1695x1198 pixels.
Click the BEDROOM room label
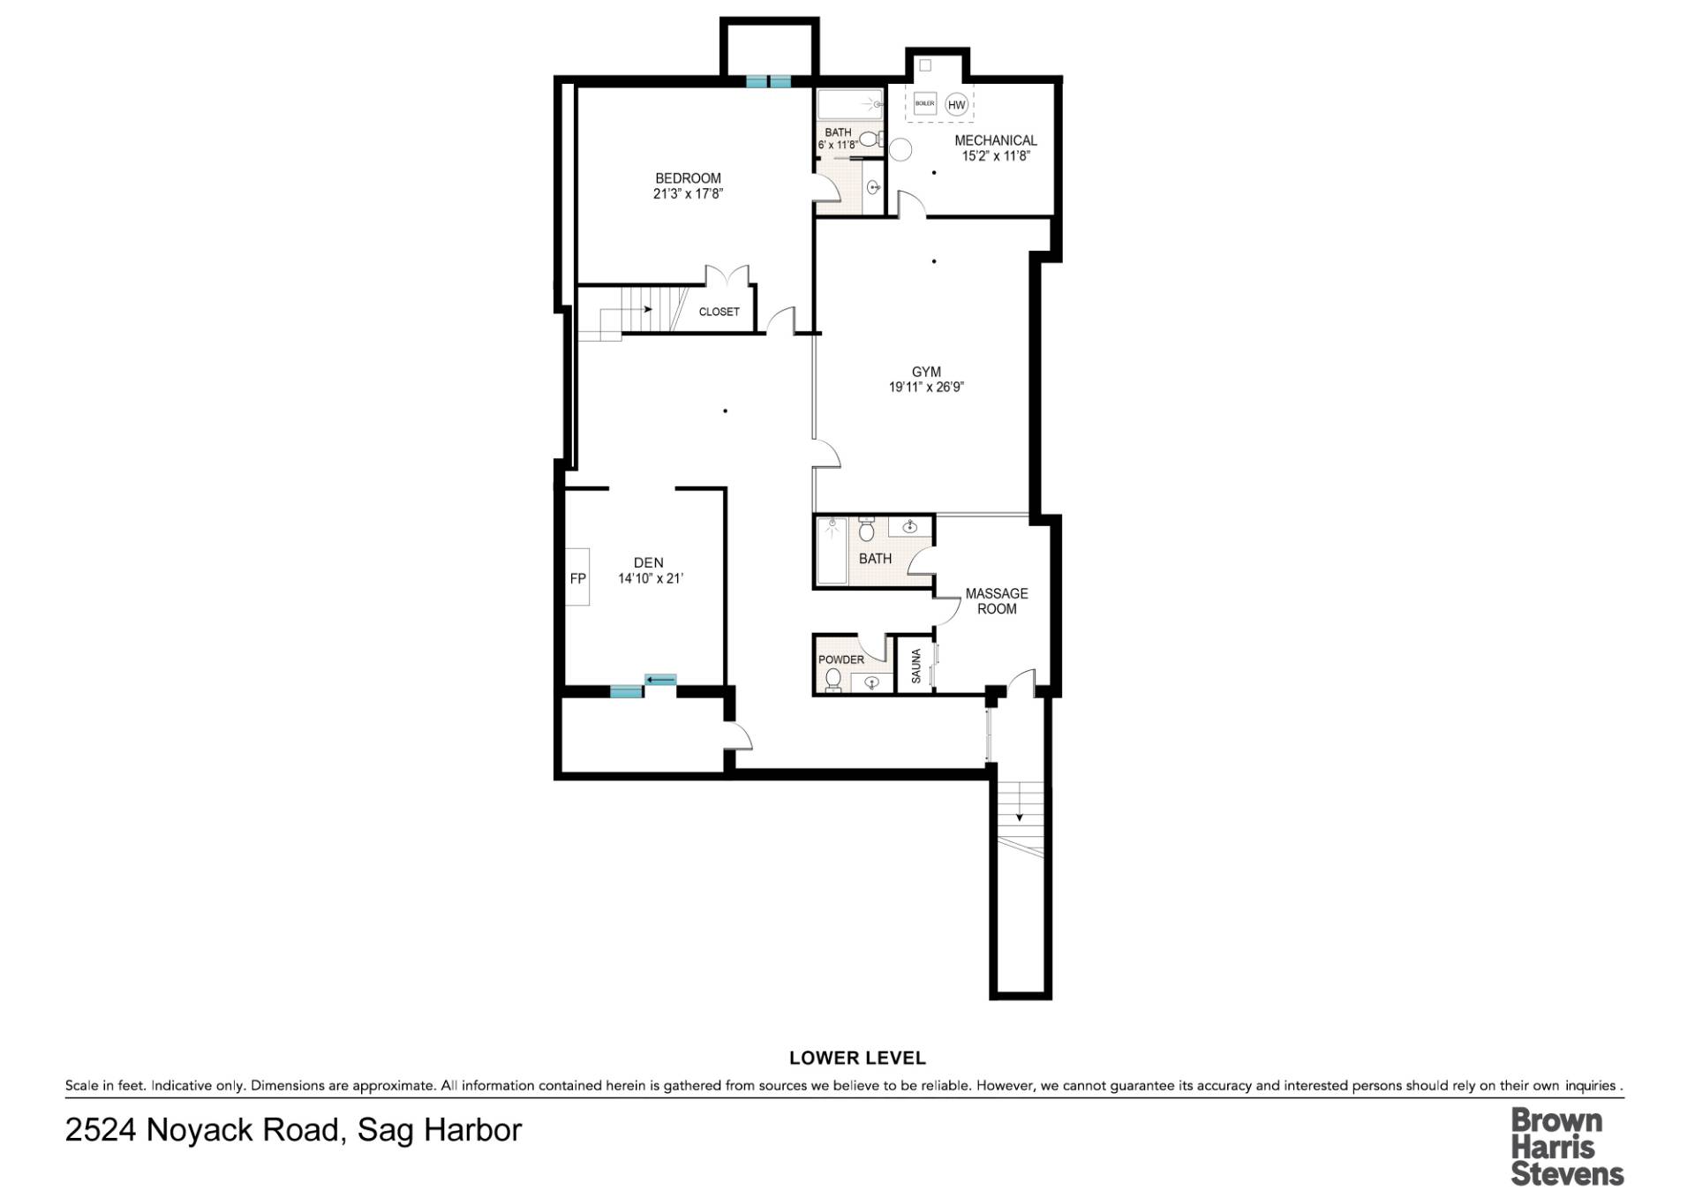coord(688,178)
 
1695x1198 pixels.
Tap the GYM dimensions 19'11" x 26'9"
coord(926,387)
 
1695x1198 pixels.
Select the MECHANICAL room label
coord(995,140)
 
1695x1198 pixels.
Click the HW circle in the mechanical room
coord(957,104)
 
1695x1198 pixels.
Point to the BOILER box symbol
coord(924,103)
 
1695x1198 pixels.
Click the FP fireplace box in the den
coord(577,578)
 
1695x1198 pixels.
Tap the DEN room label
coord(648,562)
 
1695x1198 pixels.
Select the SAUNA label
coord(915,666)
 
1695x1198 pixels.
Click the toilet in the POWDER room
coord(832,678)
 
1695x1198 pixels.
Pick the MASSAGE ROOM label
coord(996,601)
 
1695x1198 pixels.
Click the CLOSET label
coord(719,312)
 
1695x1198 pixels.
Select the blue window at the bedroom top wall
coord(768,81)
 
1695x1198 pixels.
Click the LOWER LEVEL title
coord(856,1058)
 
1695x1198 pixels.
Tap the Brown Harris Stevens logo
coord(1566,1147)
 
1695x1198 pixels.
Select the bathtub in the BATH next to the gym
coord(832,552)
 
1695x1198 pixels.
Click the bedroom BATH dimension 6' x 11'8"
coord(838,145)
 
